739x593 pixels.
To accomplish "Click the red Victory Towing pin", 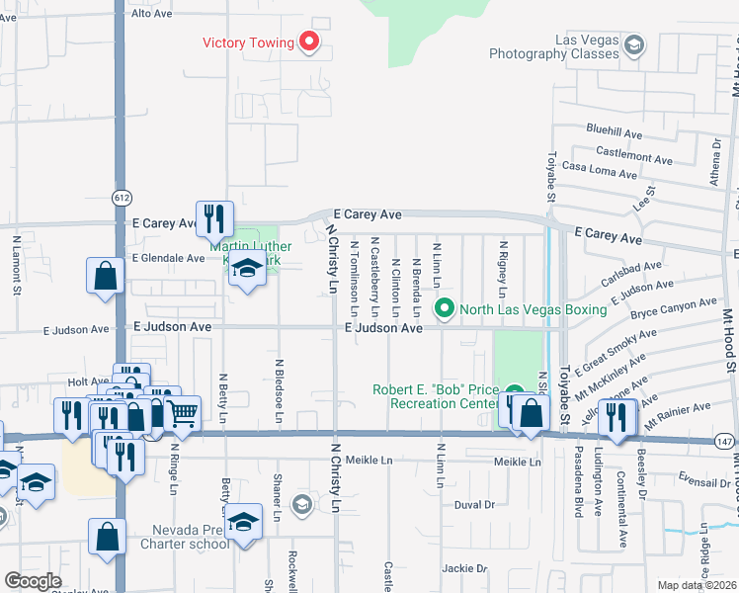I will (309, 42).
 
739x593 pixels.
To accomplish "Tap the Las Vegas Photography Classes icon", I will (634, 44).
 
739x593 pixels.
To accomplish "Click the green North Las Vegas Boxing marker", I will (444, 309).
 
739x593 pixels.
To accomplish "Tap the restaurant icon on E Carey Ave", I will (213, 218).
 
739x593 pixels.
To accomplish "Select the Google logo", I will (33, 581).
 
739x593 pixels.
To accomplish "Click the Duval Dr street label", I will (474, 504).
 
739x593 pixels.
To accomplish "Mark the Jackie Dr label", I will (465, 568).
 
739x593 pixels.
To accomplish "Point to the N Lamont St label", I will (17, 265).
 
